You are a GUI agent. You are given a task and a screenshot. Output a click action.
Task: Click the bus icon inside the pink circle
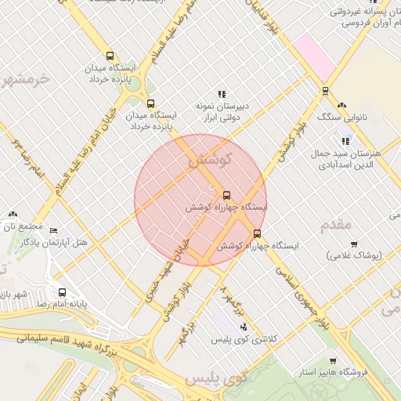[227, 195]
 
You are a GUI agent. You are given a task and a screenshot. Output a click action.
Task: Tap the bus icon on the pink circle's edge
[257, 233]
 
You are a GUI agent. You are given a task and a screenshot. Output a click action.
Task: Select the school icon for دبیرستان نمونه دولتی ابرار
[222, 95]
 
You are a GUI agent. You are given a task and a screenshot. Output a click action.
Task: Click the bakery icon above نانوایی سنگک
[341, 105]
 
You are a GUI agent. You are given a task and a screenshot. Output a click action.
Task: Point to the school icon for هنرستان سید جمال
[345, 141]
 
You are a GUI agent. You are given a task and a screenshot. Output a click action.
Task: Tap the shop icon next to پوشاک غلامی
[353, 244]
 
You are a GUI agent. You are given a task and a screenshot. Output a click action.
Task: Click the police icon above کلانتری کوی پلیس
[244, 327]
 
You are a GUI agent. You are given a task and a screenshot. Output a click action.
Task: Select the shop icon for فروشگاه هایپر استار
[333, 361]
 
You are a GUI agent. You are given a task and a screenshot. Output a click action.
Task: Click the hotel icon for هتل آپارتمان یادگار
[53, 230]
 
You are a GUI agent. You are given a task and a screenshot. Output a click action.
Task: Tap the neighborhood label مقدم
[337, 226]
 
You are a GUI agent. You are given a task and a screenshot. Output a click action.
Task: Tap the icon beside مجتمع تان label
[13, 214]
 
